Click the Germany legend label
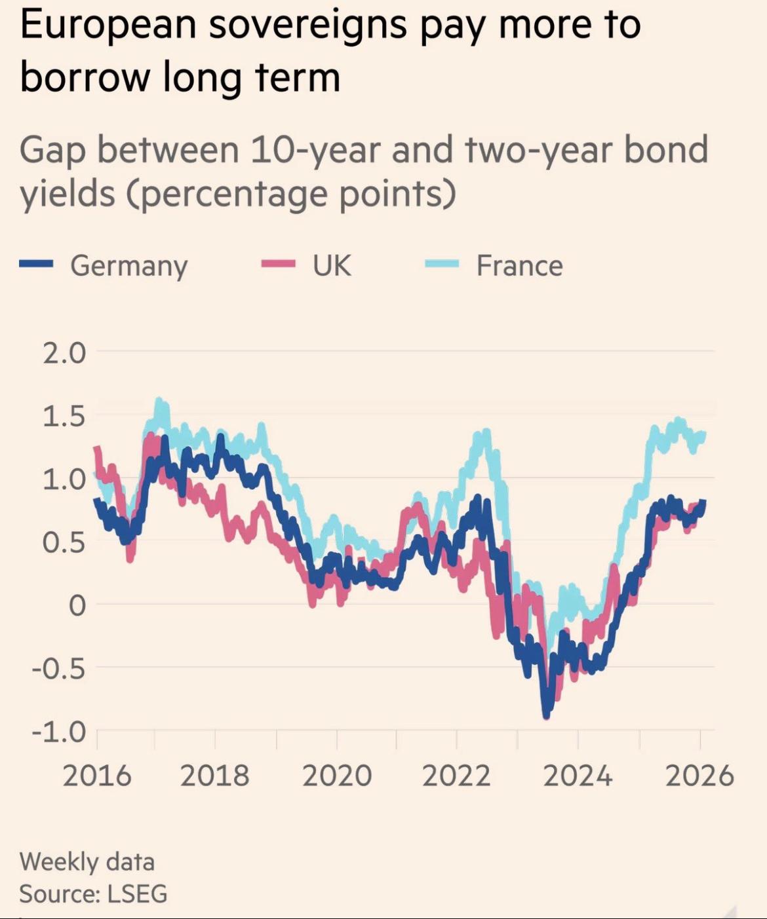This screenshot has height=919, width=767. tap(128, 266)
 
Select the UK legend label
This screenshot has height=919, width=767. tap(332, 266)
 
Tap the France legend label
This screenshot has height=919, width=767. tap(519, 266)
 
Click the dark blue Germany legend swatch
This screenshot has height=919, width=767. tap(36, 264)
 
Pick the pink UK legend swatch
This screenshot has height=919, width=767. tap(278, 264)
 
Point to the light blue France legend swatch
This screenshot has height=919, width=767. tap(441, 264)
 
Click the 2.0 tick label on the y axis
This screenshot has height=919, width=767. tap(64, 354)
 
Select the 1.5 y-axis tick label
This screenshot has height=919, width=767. tap(64, 417)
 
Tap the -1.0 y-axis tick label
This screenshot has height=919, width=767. tap(59, 731)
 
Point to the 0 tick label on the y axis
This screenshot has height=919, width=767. tap(77, 606)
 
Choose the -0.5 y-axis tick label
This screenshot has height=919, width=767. tap(59, 669)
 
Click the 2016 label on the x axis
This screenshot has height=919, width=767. tap(97, 776)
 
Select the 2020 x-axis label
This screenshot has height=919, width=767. tap(337, 776)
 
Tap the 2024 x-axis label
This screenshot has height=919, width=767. tap(578, 776)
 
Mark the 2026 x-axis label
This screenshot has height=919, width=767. tap(699, 776)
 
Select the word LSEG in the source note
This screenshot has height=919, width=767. tap(137, 894)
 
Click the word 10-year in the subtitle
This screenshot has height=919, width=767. tap(315, 149)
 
